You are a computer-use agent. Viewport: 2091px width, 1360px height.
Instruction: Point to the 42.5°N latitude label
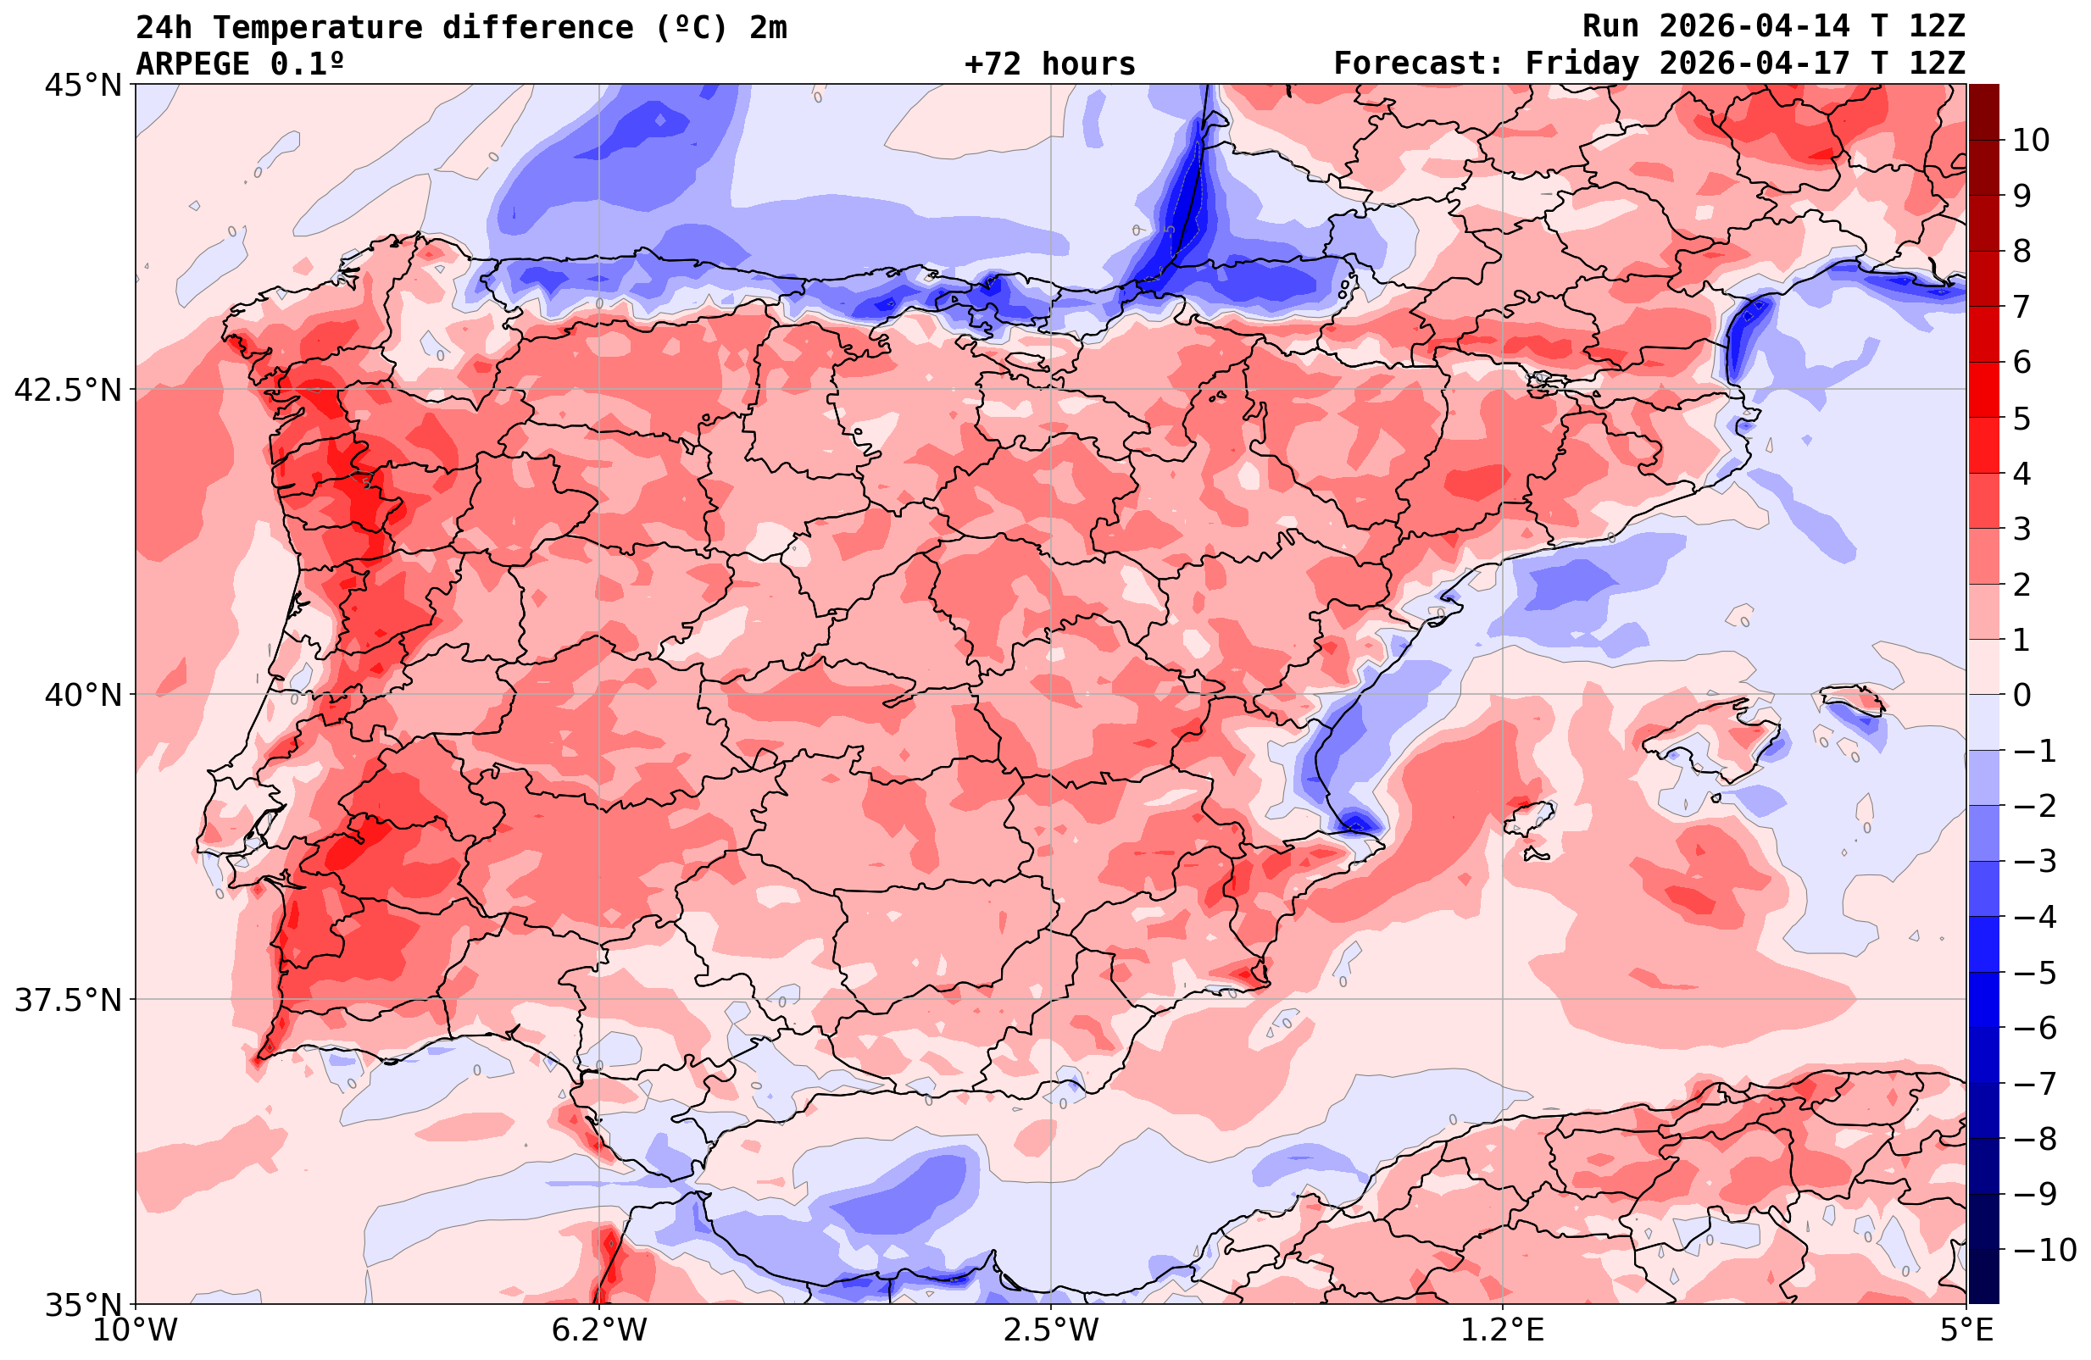pyautogui.click(x=68, y=389)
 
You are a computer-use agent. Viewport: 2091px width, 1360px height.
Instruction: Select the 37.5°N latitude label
pyautogui.click(x=68, y=1000)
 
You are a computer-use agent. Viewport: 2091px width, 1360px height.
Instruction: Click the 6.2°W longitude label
pyautogui.click(x=599, y=1330)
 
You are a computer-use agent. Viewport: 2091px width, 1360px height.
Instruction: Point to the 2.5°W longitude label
pyautogui.click(x=1051, y=1330)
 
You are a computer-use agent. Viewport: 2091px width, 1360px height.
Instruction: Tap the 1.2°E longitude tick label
pyautogui.click(x=1504, y=1330)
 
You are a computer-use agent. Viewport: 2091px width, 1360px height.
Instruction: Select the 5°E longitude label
pyautogui.click(x=1966, y=1330)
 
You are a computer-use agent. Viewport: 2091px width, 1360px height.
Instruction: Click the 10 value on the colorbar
pyautogui.click(x=2032, y=140)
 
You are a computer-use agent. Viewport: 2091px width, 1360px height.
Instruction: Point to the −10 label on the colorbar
pyautogui.click(x=2044, y=1249)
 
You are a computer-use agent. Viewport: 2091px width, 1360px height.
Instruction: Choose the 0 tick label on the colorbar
pyautogui.click(x=2021, y=695)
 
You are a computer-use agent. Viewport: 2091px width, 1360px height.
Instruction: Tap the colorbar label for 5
pyautogui.click(x=2021, y=419)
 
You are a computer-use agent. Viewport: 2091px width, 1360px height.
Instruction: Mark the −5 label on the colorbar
pyautogui.click(x=2034, y=973)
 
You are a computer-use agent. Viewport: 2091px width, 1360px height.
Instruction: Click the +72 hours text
pyautogui.click(x=1050, y=64)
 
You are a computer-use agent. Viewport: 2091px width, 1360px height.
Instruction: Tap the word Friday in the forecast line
pyautogui.click(x=1582, y=64)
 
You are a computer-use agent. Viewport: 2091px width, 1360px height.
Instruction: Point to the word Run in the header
pyautogui.click(x=1610, y=26)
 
